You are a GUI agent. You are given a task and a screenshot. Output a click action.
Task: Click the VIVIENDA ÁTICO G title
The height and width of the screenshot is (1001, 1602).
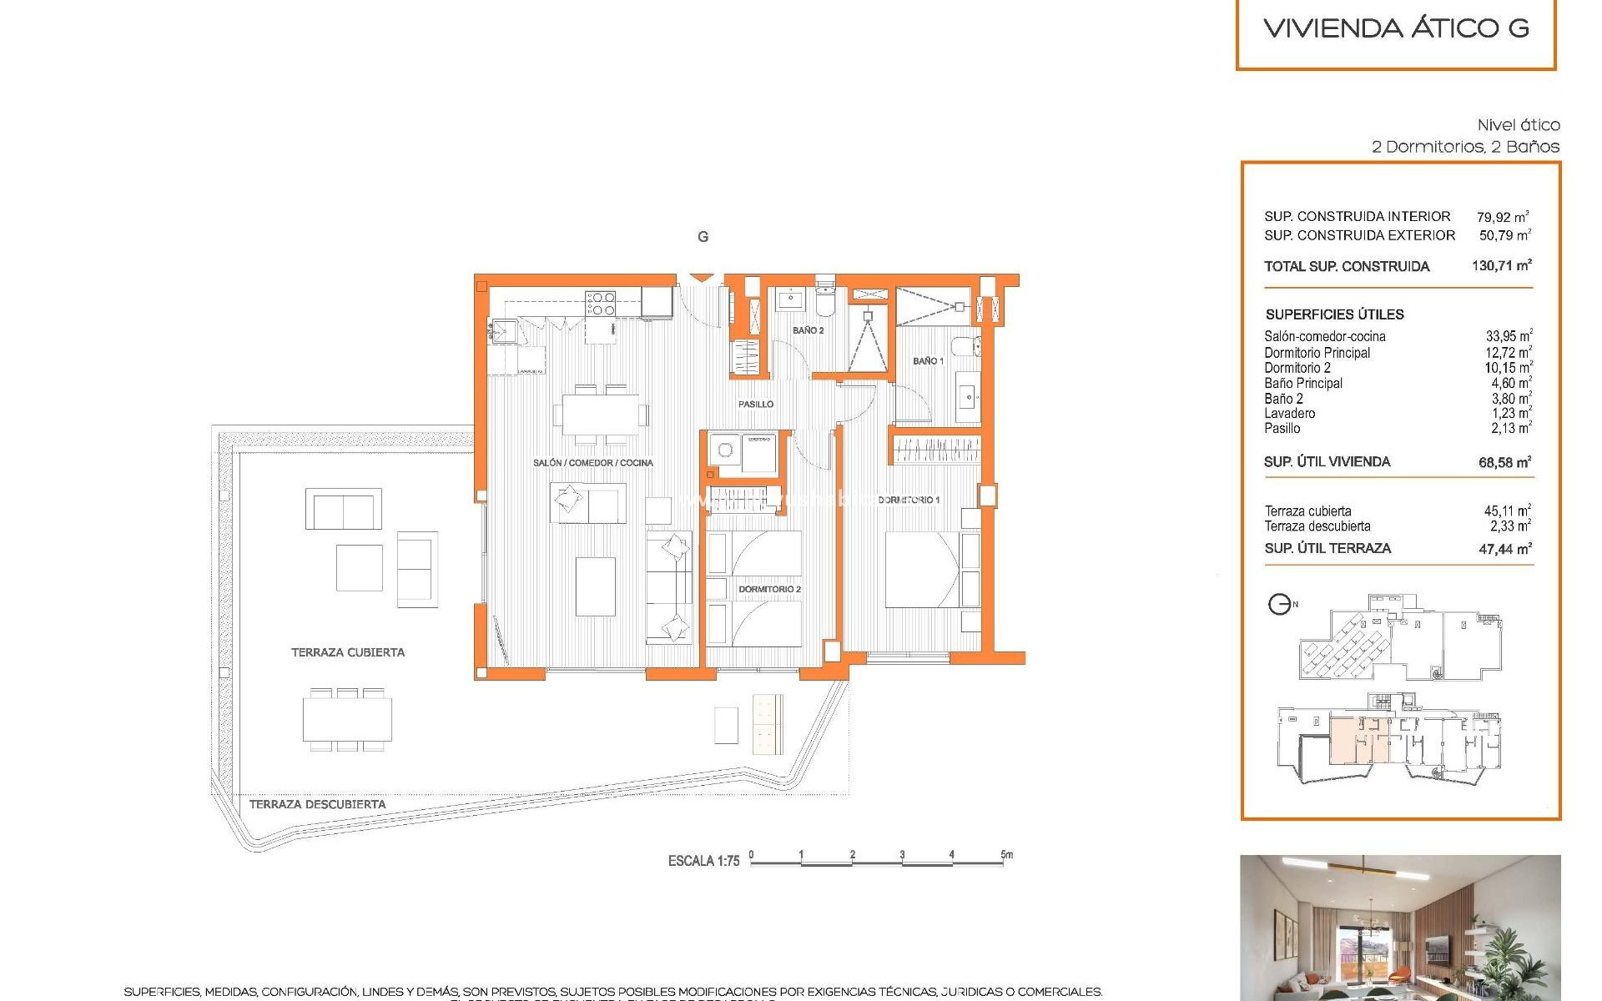1396,28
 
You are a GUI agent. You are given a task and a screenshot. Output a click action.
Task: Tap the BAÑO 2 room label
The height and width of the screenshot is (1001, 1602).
808,330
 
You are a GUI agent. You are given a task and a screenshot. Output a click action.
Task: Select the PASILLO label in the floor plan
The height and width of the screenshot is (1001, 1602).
756,404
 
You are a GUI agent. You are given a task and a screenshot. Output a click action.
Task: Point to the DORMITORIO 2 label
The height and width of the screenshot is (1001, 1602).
769,589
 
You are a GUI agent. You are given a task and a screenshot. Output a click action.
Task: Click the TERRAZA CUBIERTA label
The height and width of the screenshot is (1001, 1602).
348,652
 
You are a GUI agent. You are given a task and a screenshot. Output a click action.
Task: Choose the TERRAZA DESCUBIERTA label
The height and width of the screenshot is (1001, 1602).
317,804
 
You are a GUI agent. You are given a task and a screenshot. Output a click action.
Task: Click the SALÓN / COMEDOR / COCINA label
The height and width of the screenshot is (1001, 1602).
592,462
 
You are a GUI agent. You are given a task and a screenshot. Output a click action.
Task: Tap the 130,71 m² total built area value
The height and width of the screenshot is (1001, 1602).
1501,266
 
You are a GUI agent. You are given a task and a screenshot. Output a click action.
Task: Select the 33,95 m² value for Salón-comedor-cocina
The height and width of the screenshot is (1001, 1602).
1508,336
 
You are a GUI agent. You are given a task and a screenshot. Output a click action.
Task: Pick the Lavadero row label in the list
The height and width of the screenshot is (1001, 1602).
1290,413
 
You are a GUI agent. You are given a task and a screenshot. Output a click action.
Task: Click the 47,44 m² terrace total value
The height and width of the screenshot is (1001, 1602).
1504,548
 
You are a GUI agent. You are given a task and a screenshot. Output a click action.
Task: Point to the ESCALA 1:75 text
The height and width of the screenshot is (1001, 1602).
703,861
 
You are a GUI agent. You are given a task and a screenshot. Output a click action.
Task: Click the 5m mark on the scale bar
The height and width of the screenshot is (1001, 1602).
1006,855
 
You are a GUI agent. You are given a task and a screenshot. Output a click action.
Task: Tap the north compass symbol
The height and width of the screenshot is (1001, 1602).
1279,604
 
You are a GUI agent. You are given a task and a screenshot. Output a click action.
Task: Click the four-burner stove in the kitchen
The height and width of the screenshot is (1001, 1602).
600,304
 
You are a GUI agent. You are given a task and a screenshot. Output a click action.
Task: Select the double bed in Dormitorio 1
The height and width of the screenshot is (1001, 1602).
922,570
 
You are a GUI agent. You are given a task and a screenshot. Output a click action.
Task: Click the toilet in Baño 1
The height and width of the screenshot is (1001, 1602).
968,346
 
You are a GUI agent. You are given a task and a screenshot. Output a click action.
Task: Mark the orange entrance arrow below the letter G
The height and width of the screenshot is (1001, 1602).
703,279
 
